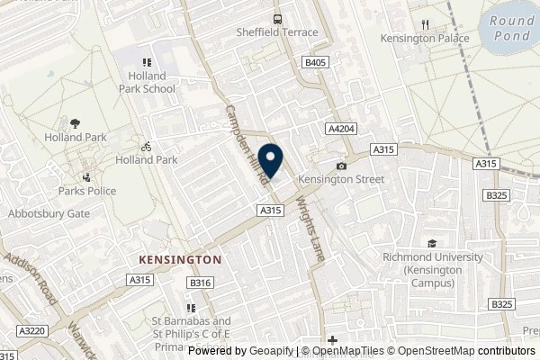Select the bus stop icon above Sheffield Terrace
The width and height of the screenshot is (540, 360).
click(x=279, y=18)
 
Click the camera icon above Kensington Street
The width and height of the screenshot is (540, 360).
click(x=341, y=166)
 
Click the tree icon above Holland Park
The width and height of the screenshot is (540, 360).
click(x=76, y=123)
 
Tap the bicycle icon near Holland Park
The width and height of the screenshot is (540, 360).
click(x=145, y=146)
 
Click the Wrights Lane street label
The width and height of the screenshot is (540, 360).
click(x=305, y=231)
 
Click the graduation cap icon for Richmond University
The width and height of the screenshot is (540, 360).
click(x=432, y=242)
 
